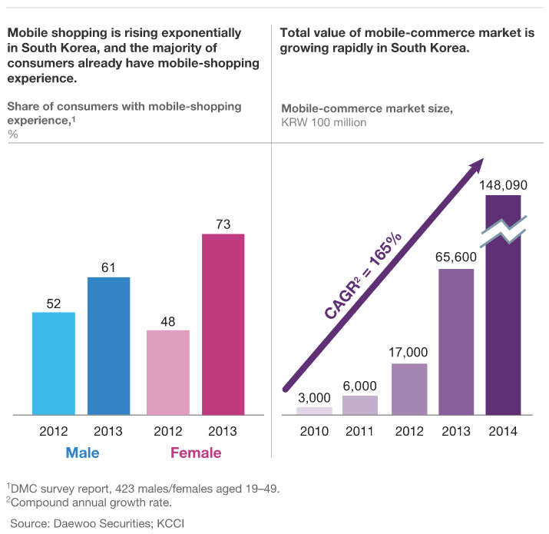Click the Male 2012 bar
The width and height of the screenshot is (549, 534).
54,363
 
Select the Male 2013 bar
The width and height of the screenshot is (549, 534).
108,346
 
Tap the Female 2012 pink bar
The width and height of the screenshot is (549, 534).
168,373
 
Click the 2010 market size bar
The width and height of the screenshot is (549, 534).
314,411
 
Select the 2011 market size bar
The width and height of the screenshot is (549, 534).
360,406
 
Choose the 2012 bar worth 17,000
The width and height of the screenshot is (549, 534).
409,389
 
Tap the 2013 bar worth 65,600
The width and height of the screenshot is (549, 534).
457,342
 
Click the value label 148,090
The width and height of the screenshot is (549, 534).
503,184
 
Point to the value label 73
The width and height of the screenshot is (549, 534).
223,224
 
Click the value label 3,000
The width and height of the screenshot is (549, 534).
314,397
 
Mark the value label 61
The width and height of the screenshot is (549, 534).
108,267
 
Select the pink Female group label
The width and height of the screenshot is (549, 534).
195,453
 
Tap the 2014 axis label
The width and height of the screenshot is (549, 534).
503,431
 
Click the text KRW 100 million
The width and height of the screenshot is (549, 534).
324,122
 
